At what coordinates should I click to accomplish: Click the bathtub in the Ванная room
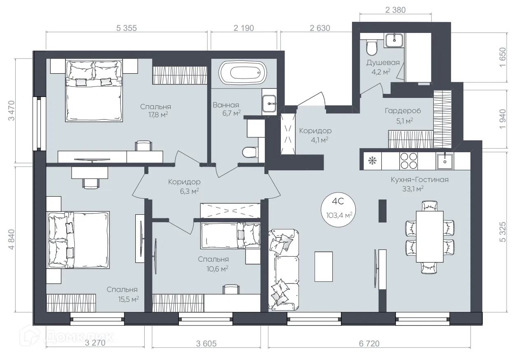pyautogui.click(x=242, y=73)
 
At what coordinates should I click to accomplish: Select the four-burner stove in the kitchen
pyautogui.click(x=409, y=160)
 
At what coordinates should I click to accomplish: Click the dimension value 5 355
pyautogui.click(x=126, y=28)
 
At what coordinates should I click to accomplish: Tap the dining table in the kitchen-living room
pyautogui.click(x=430, y=236)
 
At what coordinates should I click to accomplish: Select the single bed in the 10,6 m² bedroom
pyautogui.click(x=230, y=235)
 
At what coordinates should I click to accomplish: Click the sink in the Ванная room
pyautogui.click(x=270, y=102)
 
